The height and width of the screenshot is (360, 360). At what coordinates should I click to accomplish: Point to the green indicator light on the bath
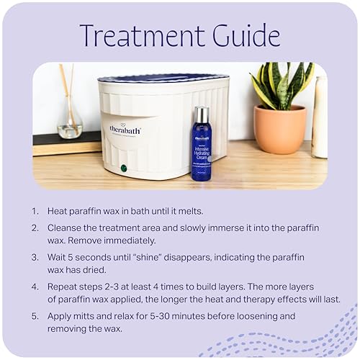124,168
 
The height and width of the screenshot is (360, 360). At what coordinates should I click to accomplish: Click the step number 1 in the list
35,212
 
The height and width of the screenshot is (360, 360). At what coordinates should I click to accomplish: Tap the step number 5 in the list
35,316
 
